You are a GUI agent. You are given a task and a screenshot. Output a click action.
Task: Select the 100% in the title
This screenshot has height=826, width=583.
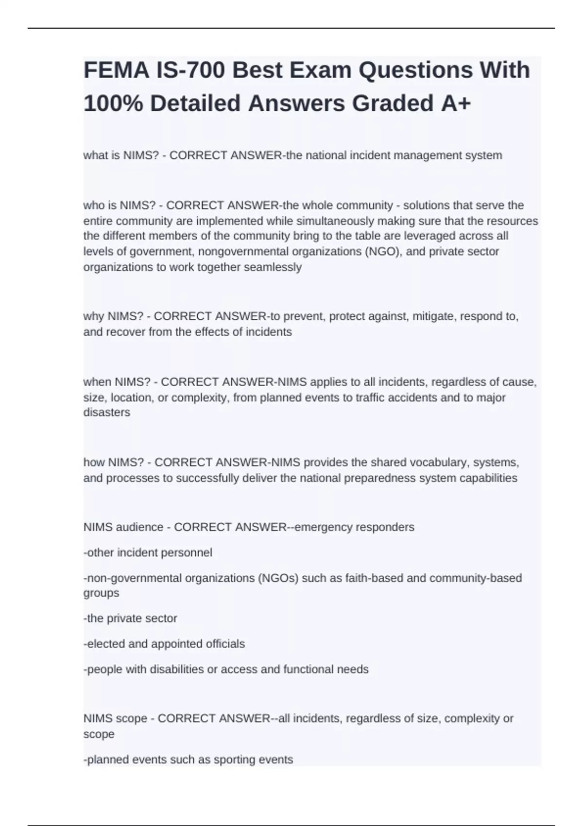(113, 103)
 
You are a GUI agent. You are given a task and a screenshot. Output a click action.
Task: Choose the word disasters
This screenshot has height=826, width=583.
(107, 413)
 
